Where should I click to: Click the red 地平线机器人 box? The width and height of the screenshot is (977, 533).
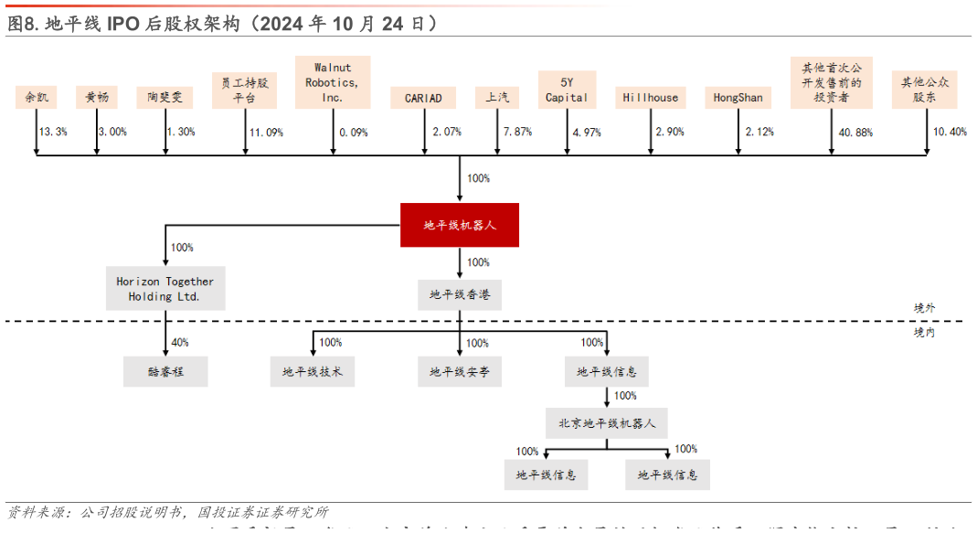click(460, 225)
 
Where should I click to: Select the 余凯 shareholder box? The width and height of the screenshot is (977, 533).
click(37, 97)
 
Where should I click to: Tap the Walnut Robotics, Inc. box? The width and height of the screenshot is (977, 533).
click(333, 82)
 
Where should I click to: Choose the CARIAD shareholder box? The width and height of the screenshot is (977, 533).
click(423, 98)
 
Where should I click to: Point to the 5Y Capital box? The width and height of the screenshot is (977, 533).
click(567, 90)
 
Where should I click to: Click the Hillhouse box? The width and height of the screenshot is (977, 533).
click(651, 98)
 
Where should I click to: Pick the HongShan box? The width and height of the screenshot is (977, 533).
click(738, 98)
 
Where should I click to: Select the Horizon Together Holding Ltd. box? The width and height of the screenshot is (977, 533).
click(165, 289)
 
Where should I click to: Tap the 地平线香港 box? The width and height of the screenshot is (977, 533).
click(460, 294)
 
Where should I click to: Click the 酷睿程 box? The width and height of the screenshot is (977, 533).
click(165, 371)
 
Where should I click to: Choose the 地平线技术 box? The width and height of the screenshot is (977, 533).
click(313, 371)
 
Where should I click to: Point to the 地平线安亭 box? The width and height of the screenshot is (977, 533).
click(460, 371)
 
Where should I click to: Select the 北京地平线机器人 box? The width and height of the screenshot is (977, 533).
click(607, 423)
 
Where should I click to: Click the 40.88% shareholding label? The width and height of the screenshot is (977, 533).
click(855, 133)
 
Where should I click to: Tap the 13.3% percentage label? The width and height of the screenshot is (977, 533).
click(53, 132)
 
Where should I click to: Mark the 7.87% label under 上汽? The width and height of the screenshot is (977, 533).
click(517, 133)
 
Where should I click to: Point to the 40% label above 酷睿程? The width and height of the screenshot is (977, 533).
click(180, 343)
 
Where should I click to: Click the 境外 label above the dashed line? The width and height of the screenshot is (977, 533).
click(925, 309)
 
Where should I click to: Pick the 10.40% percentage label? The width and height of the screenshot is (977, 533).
click(950, 133)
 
